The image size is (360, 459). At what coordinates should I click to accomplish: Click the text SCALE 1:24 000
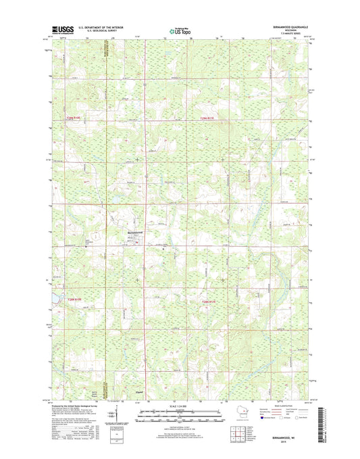179,406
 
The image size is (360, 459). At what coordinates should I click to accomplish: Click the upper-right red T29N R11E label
211,118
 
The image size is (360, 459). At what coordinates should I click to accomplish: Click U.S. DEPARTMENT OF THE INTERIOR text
110,26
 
